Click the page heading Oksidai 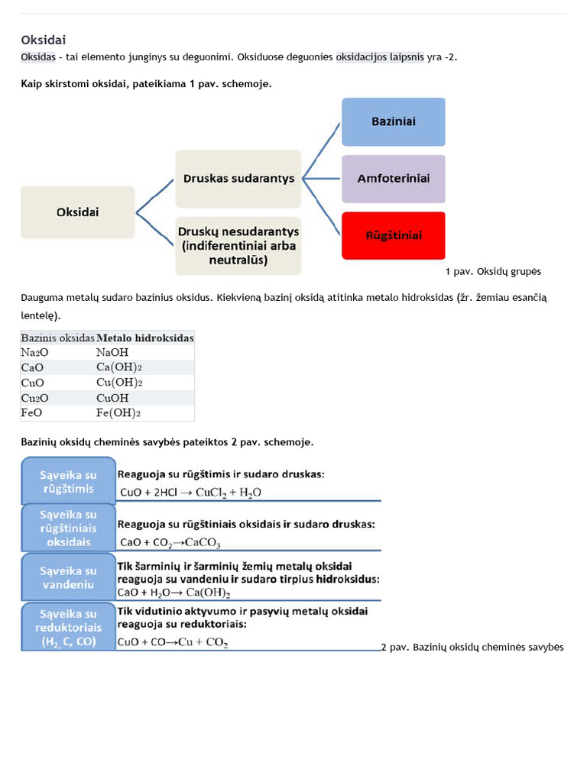pos(48,40)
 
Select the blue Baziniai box pos(393,121)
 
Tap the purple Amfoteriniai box pos(393,178)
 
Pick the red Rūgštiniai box pos(393,235)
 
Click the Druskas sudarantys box pos(238,179)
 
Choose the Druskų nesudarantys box pos(238,245)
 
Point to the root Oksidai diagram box pos(77,212)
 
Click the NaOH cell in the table pos(112,352)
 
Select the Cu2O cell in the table pos(34,398)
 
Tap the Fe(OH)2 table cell pos(119,413)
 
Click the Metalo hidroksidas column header pos(145,338)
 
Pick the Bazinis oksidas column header pos(57,338)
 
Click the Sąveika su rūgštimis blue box pos(69,481)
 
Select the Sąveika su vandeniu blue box pos(69,577)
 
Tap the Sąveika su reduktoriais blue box pos(69,627)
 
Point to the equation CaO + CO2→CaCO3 pos(170,543)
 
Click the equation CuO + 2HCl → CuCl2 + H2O pos(190,493)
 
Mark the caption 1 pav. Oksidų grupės pos(493,272)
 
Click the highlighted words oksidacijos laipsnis pos(380,57)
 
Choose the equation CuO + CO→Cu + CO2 pos(173,643)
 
